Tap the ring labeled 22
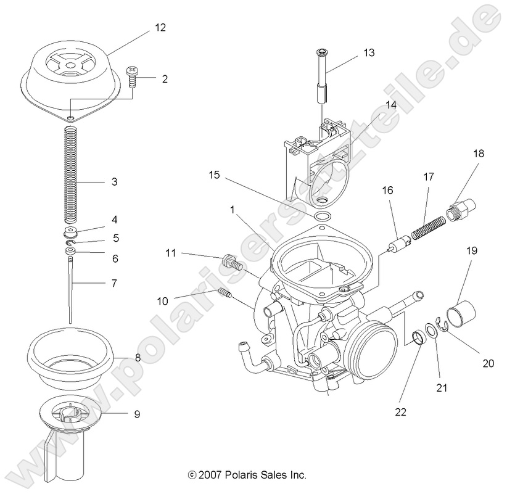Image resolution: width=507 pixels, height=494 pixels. [x=418, y=339]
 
